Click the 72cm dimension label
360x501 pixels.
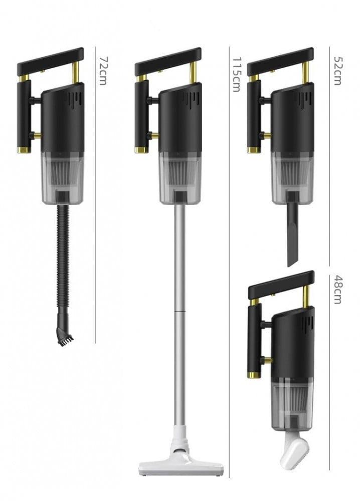click(103, 71)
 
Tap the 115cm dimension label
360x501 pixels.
click(236, 75)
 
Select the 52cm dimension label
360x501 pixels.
click(337, 71)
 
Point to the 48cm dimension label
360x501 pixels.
click(337, 289)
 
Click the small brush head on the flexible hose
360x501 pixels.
click(65, 336)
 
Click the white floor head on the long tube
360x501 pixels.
click(182, 467)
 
